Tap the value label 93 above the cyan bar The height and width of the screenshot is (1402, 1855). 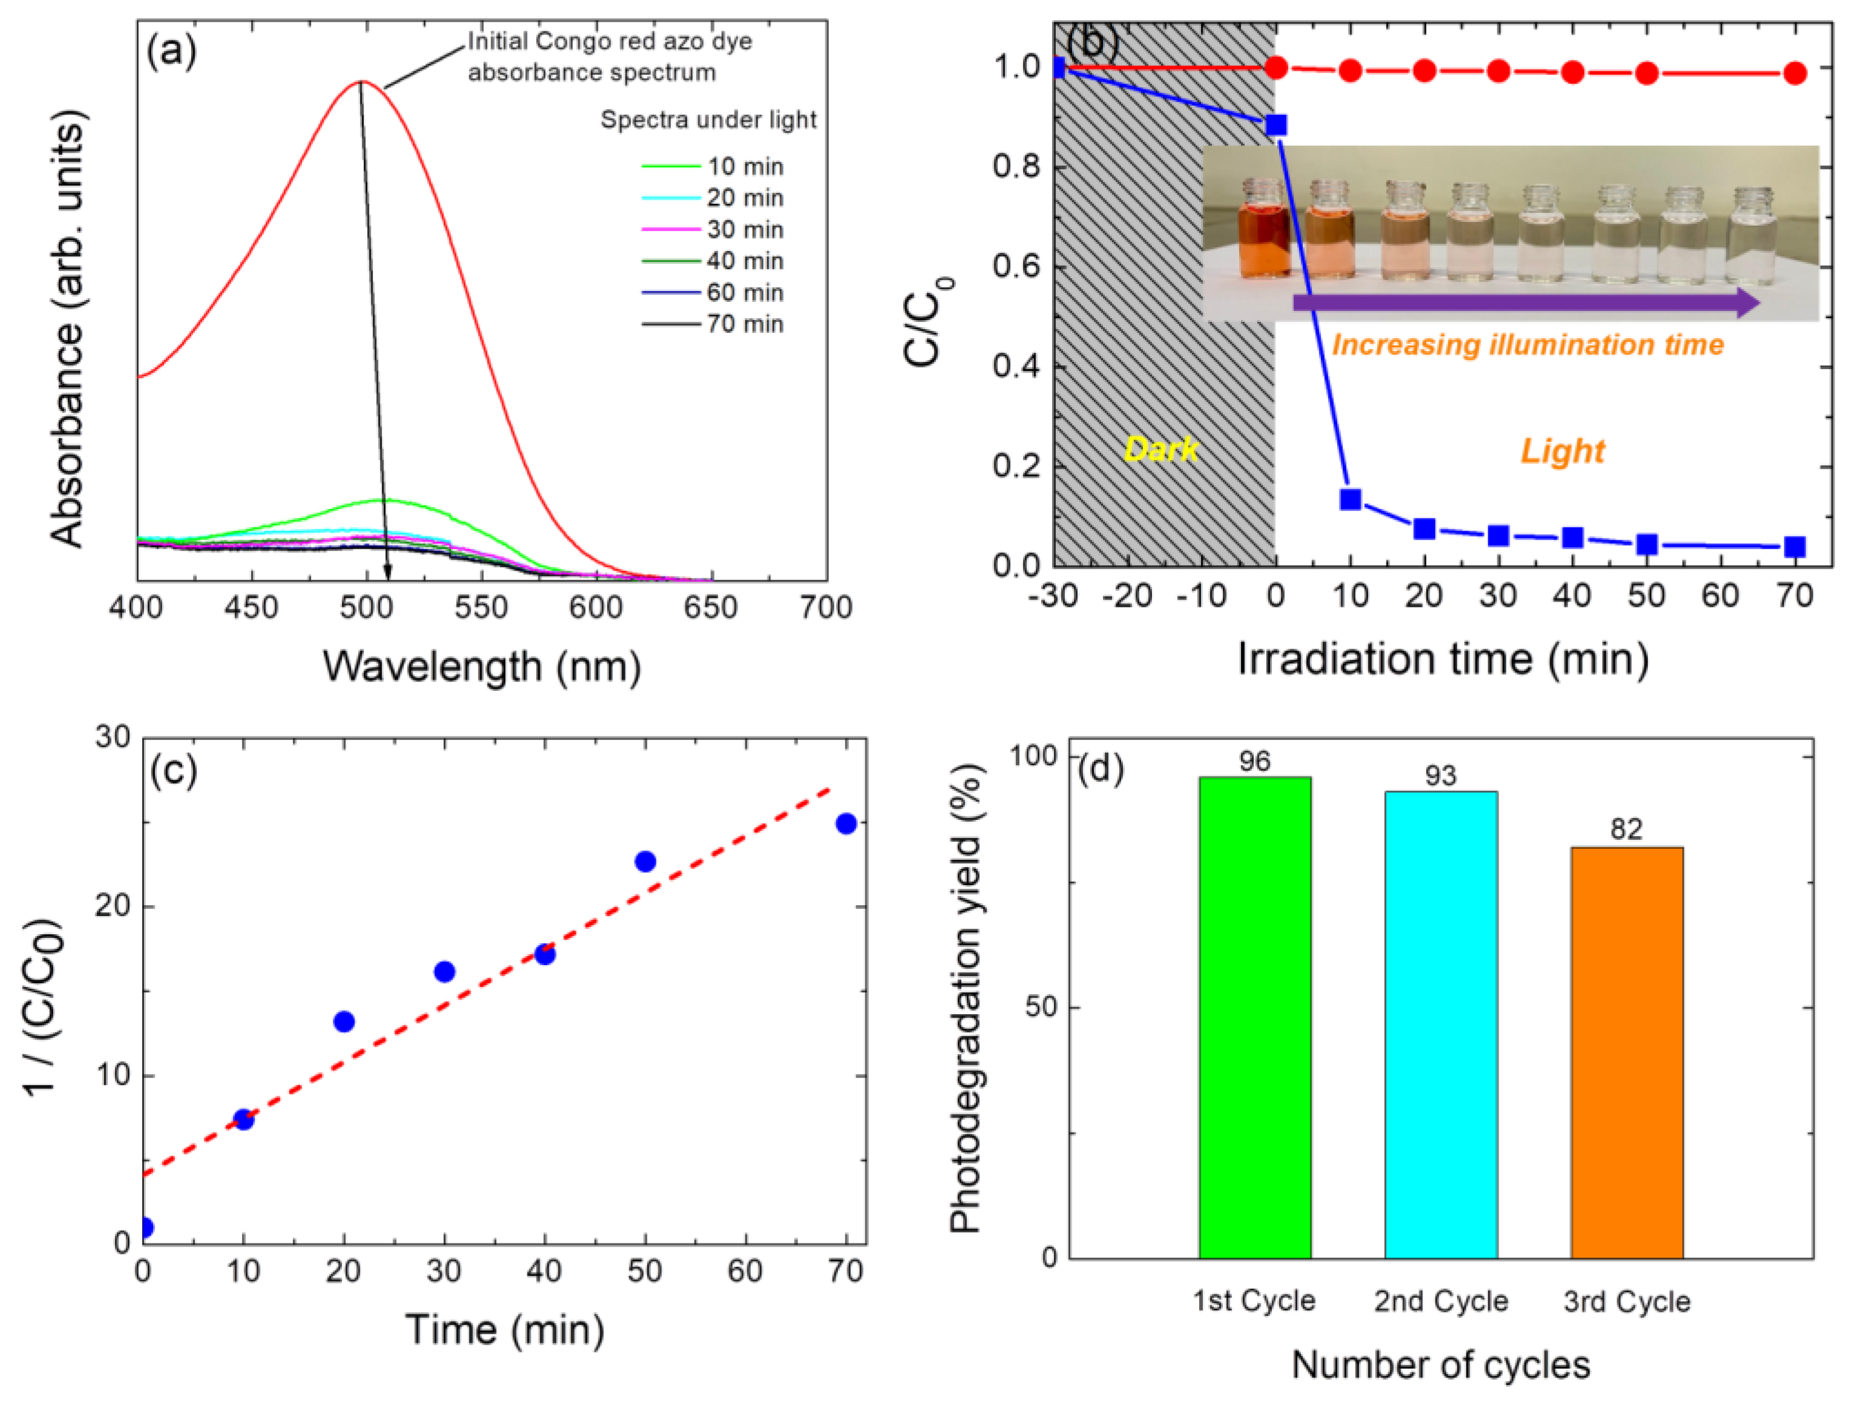click(1441, 776)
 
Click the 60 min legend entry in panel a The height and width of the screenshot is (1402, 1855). click(713, 293)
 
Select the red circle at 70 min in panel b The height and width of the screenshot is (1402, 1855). click(1794, 74)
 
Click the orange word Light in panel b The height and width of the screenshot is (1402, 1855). click(1562, 452)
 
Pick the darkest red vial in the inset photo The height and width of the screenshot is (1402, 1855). click(1264, 228)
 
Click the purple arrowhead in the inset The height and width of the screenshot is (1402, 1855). click(1747, 303)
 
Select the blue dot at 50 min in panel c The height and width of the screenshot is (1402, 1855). click(645, 861)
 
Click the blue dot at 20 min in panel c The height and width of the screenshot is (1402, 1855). click(344, 1021)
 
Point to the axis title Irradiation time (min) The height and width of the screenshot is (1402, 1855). click(1442, 659)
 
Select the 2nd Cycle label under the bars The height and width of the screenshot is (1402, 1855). click(1441, 1302)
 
